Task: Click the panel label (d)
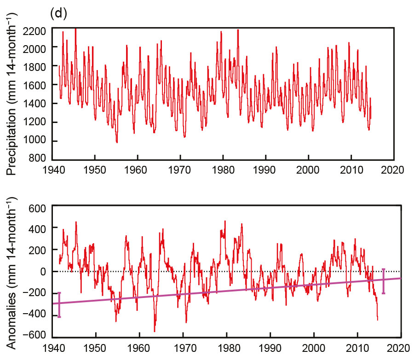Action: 58,13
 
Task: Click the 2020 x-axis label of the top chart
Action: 394,169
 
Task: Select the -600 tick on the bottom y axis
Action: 36,335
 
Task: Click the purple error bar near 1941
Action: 59,304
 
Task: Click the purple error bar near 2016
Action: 383,281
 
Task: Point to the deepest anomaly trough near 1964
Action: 155,331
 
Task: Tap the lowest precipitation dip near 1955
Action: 117,142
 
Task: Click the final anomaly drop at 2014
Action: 377,319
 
